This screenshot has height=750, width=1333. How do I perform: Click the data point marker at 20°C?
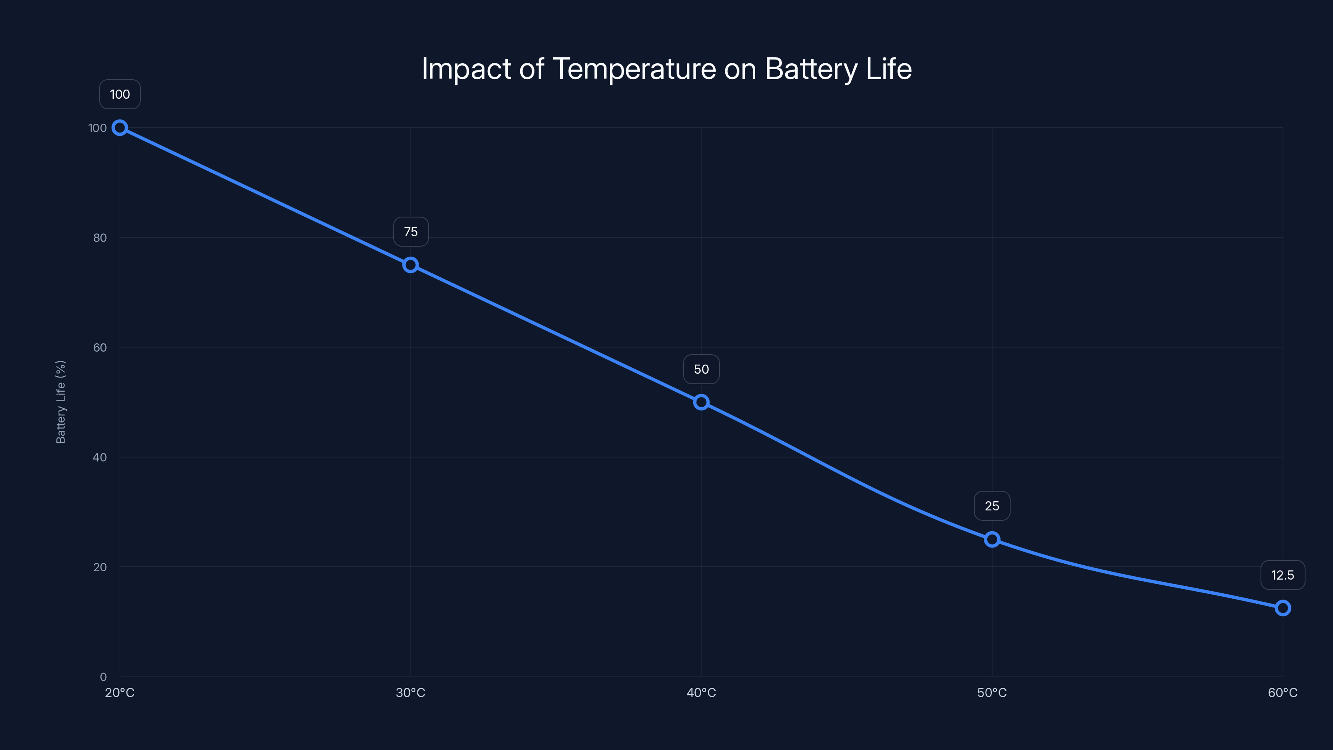pos(120,128)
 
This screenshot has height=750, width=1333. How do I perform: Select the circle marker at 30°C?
pos(410,265)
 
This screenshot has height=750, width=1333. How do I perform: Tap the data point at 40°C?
pos(701,402)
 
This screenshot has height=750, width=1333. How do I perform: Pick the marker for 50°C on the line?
pos(992,539)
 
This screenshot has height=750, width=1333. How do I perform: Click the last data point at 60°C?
pos(1282,607)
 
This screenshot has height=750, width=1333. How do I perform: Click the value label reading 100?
pos(120,94)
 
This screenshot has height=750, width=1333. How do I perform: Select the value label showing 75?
pos(411,232)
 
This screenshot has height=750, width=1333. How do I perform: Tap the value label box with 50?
pos(701,369)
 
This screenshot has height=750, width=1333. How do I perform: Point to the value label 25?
pos(992,506)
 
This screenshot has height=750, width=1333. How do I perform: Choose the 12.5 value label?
pos(1282,575)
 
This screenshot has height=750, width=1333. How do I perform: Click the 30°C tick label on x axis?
pos(410,692)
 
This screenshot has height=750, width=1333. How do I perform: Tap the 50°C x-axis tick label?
pos(992,692)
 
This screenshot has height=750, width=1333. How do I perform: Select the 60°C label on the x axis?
pos(1282,692)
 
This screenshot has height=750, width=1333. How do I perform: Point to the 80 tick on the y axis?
pos(100,237)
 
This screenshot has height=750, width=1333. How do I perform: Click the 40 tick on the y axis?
pos(100,457)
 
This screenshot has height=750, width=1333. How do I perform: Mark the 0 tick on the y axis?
pos(103,677)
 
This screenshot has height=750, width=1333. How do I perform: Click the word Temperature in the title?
pos(634,68)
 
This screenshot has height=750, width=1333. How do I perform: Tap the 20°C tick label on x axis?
pos(120,692)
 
